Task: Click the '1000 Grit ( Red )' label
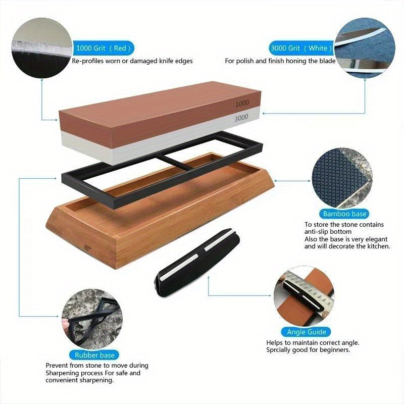104,48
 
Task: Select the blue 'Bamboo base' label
343,214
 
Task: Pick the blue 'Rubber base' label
95,355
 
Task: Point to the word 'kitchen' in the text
376,246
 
